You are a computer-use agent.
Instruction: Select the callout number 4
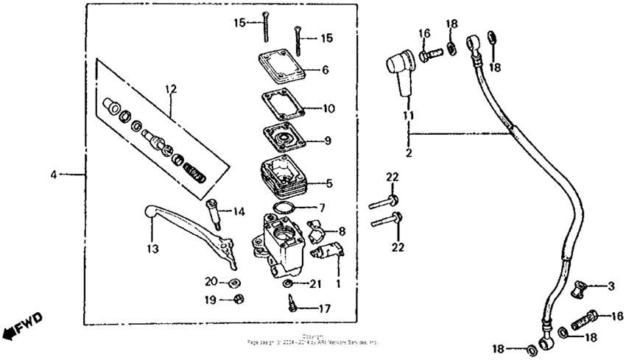(x=53, y=174)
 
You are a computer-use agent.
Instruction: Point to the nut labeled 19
(x=239, y=298)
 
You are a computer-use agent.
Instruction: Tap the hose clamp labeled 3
(x=580, y=285)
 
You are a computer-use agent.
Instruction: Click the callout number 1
(x=337, y=283)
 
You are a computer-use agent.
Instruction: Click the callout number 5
(x=331, y=183)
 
